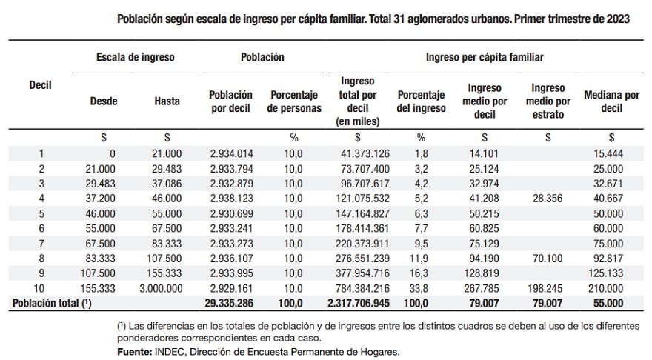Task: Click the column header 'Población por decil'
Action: click(x=231, y=101)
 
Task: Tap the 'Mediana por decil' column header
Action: click(x=611, y=101)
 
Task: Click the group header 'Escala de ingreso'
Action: click(x=134, y=57)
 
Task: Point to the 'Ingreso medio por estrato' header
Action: click(x=548, y=101)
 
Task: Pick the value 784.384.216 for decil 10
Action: click(x=358, y=289)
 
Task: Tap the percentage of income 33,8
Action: click(x=421, y=289)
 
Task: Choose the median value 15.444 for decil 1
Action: click(x=611, y=153)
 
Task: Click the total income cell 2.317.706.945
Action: click(x=358, y=303)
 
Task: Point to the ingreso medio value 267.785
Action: click(x=485, y=289)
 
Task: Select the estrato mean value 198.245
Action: click(x=548, y=289)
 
